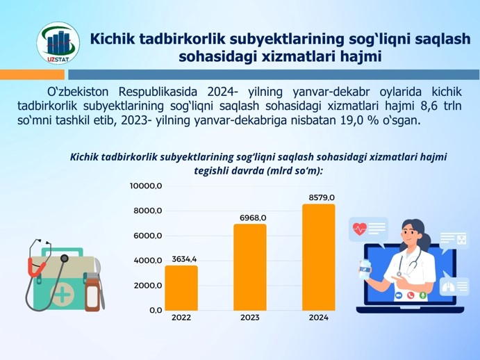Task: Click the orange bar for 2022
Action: tap(181, 288)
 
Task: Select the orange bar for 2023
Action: tap(250, 267)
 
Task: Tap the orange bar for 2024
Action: tap(319, 257)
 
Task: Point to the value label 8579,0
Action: tap(322, 197)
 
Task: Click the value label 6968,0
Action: tap(253, 218)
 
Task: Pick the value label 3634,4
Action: tap(184, 259)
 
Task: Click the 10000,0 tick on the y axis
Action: tap(146, 186)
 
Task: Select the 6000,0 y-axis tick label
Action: tap(147, 236)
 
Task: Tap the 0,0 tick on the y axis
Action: tap(156, 311)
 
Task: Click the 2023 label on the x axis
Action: tap(250, 318)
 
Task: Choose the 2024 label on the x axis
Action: tap(319, 318)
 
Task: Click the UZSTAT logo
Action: tap(58, 43)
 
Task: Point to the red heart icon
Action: tap(359, 229)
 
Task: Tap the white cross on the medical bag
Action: tap(63, 295)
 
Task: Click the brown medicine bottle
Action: tap(92, 293)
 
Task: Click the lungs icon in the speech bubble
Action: tap(448, 286)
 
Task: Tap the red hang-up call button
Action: tap(411, 295)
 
